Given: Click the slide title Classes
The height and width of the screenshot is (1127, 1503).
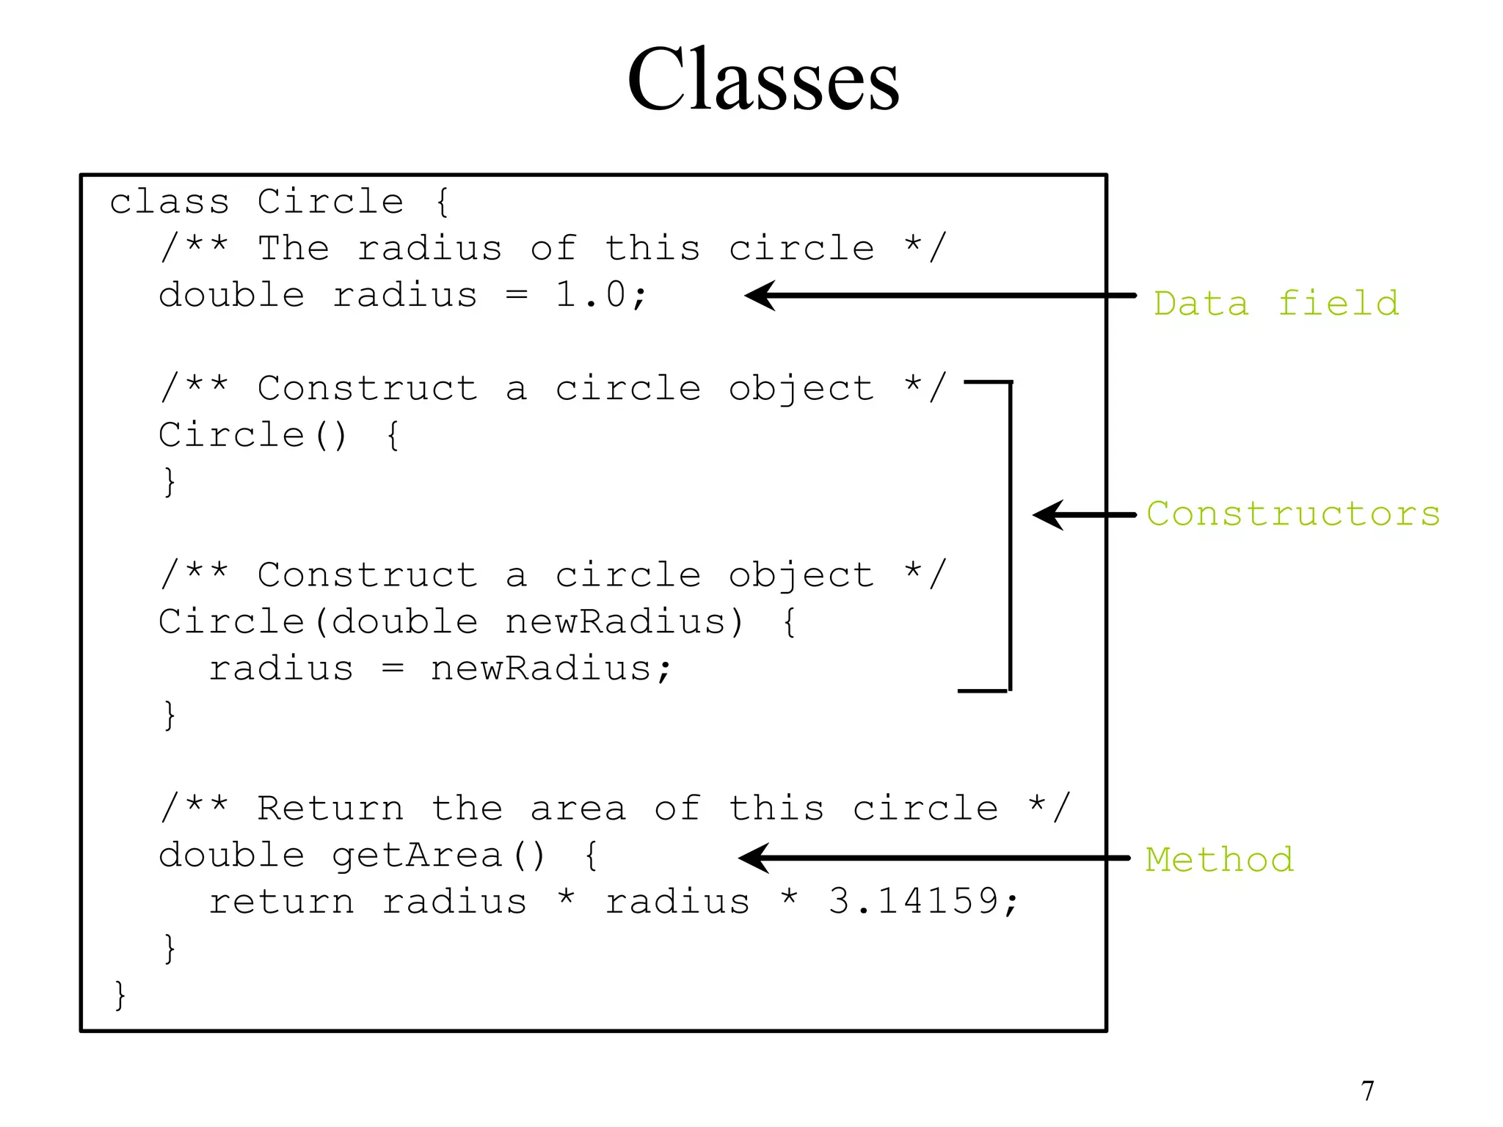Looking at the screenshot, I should click(x=763, y=79).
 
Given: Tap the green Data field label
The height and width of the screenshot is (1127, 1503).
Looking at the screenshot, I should click(x=1275, y=303).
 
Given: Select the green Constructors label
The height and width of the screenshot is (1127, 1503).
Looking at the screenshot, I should click(x=1293, y=514).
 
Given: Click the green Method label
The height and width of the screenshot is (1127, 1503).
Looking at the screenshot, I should click(x=1219, y=859).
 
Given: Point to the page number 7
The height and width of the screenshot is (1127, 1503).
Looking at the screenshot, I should click(x=1367, y=1091).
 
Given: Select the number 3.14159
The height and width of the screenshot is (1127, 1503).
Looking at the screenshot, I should click(x=914, y=901).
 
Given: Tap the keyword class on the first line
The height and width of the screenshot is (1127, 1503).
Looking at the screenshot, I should click(x=170, y=202).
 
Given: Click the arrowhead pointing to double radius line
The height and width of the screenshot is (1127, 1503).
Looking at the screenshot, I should click(x=760, y=296).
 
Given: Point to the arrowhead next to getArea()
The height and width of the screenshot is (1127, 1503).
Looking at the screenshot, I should click(x=754, y=858).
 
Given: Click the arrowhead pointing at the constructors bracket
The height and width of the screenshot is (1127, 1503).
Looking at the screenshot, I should click(x=1048, y=515).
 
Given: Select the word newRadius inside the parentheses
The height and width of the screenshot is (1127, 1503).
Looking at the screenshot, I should click(x=614, y=622).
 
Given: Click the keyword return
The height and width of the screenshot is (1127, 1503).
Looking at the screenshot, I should click(x=281, y=902).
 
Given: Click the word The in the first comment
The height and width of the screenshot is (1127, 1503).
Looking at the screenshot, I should click(x=293, y=248).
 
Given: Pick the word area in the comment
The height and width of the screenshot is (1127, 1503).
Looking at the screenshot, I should click(x=578, y=809).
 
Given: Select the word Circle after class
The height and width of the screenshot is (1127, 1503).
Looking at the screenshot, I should click(x=330, y=202).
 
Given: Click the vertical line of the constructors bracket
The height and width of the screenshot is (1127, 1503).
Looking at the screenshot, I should click(x=1010, y=536).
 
